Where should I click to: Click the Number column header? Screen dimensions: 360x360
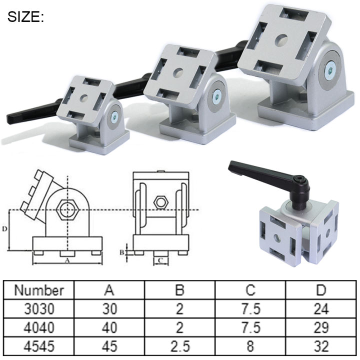pos(38,290)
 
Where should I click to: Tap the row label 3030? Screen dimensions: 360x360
pos(38,309)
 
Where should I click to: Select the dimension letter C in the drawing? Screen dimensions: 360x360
pos(160,260)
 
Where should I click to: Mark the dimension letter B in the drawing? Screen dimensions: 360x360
pos(121,252)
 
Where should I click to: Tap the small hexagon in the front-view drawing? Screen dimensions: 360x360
pos(161,202)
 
